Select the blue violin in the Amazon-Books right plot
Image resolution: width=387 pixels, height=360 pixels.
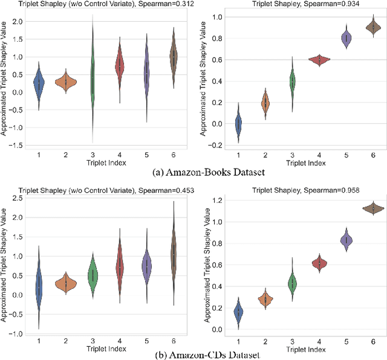238,124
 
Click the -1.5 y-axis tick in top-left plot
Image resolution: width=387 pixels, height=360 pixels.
17,146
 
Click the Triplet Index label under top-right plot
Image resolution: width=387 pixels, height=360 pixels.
305,162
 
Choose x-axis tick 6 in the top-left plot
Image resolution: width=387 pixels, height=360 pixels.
173,155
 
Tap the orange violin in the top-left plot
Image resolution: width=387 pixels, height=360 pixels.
65,81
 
